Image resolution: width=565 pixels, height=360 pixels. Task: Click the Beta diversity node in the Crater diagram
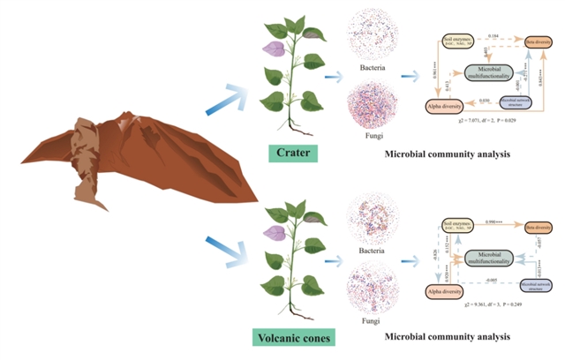(x=534, y=41)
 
